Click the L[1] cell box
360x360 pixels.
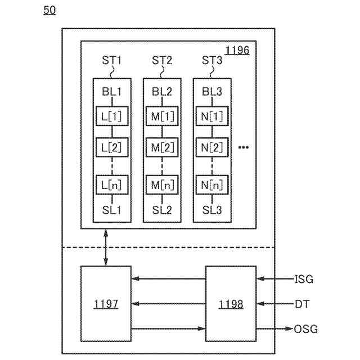point(112,116)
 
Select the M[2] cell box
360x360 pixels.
point(162,147)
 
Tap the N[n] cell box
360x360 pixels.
point(212,185)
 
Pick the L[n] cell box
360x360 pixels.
point(112,185)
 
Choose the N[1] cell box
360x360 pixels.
point(212,116)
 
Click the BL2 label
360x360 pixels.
point(162,92)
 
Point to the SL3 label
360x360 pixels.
point(212,210)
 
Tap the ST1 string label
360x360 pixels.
point(111,60)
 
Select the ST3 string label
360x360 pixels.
point(212,60)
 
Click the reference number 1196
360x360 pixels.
point(237,51)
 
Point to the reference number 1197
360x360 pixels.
point(106,304)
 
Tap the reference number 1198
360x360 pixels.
point(231,304)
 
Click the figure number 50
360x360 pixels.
point(49,10)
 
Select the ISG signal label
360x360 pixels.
point(304,279)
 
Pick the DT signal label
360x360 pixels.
point(302,304)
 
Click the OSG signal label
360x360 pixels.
point(306,329)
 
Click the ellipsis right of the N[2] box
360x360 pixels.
point(244,147)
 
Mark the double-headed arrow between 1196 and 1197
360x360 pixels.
point(106,247)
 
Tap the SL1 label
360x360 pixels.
point(111,210)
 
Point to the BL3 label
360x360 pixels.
point(212,92)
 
